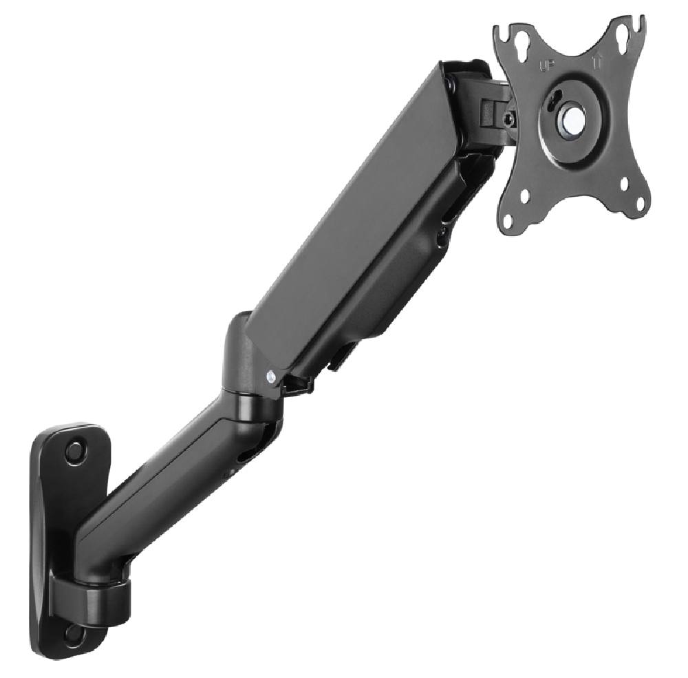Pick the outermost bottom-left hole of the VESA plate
(510, 222)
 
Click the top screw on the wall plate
(75, 452)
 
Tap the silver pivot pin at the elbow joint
(271, 377)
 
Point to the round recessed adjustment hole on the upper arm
(442, 238)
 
